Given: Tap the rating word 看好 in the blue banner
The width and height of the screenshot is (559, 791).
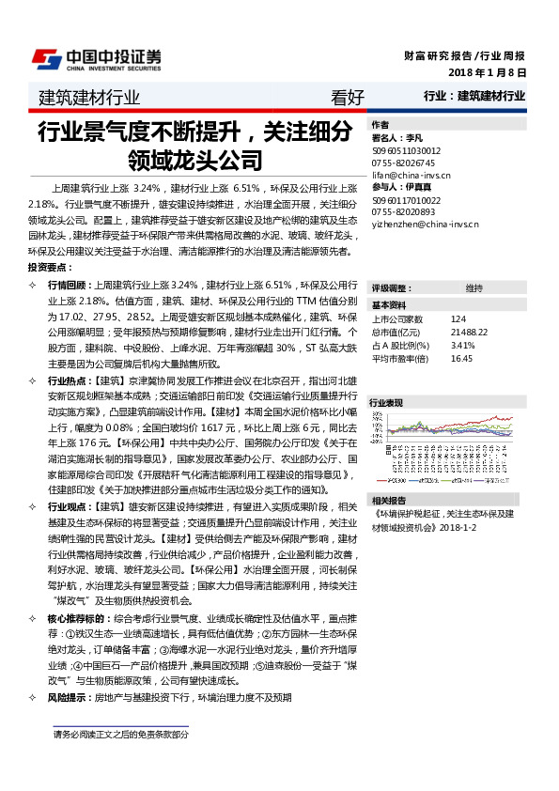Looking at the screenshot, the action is coord(348,96).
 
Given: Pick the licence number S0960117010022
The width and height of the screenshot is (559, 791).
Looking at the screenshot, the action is coord(407,200).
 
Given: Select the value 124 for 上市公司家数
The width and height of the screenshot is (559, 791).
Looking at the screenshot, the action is coord(458,319).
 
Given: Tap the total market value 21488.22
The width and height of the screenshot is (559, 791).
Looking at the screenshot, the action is coord(468,333).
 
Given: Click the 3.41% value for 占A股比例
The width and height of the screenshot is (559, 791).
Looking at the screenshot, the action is coord(462,345).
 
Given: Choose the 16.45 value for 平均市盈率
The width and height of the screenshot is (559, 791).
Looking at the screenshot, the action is coord(460,358).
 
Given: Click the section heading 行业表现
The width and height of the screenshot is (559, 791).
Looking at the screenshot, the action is coord(386,401).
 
